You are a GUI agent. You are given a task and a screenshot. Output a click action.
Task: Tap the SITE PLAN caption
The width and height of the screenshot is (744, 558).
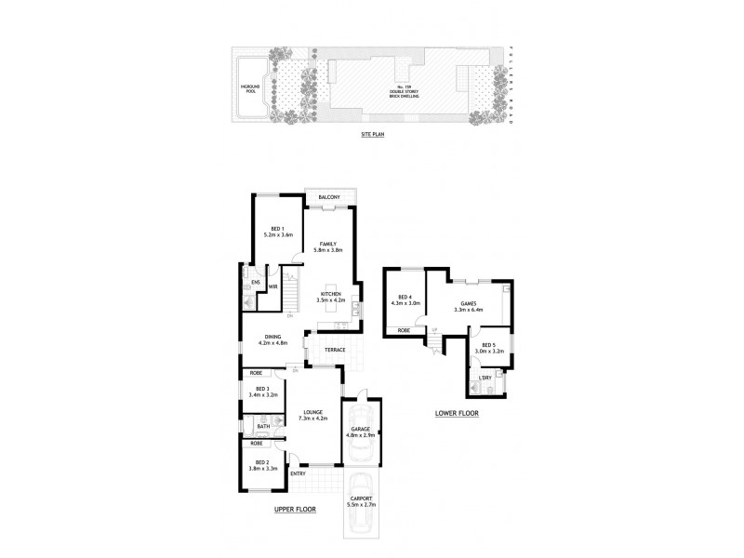[x=372, y=135]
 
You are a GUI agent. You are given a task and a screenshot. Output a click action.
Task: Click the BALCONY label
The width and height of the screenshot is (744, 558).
[x=328, y=198]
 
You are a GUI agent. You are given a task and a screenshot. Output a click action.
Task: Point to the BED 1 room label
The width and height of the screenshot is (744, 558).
[x=277, y=228]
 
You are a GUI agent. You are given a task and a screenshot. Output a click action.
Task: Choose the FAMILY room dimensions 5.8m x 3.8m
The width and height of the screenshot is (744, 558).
[x=327, y=250]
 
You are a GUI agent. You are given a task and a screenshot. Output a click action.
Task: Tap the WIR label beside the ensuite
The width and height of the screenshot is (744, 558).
[x=273, y=286]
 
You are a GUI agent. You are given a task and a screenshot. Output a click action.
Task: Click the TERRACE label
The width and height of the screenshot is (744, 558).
[x=335, y=350]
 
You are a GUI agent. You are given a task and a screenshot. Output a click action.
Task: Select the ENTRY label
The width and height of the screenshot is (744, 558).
[x=298, y=473]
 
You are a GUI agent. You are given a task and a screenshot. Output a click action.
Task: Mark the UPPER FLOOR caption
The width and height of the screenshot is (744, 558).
[x=295, y=511]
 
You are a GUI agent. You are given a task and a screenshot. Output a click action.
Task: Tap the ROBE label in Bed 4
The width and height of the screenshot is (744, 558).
[x=405, y=329]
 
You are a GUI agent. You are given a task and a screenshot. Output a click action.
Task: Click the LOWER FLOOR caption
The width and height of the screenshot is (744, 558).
[x=456, y=413]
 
